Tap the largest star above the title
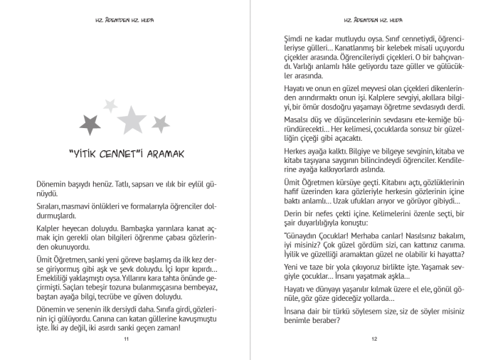132,120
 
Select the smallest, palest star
110,105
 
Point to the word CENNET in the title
107,153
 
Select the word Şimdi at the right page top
295,39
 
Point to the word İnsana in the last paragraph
296,311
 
